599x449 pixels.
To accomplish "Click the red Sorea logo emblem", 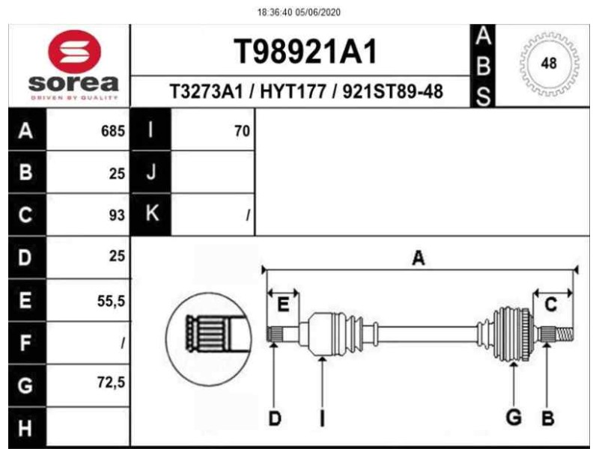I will click(74, 51).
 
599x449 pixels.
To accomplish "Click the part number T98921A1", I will click(305, 52).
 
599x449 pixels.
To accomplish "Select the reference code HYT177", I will click(297, 92).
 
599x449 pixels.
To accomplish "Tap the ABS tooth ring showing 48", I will click(549, 64).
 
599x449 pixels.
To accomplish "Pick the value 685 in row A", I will click(112, 132).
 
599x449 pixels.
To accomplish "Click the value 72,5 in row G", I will click(111, 384).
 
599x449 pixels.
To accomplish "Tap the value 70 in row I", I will click(241, 132).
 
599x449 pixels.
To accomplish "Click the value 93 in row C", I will click(115, 216).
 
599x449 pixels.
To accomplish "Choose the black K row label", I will click(151, 215).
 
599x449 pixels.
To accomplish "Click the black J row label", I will click(151, 173).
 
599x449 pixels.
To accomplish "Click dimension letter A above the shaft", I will click(419, 258).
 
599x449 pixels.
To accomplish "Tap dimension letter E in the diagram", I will click(283, 305).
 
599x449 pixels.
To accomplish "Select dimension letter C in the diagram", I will click(550, 305).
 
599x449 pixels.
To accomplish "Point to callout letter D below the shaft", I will click(274, 418).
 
